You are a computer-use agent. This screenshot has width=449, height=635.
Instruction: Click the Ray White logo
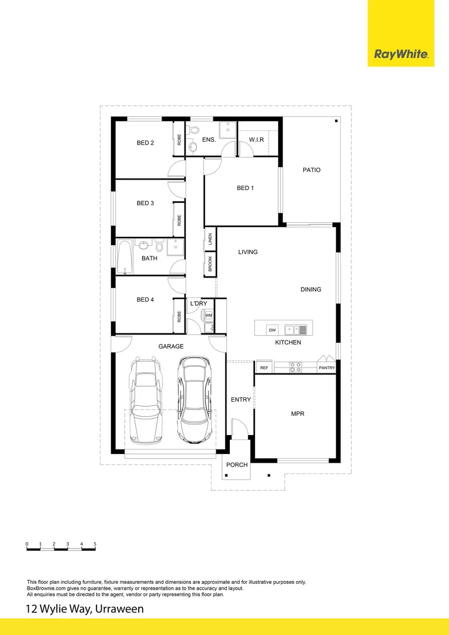click(x=401, y=55)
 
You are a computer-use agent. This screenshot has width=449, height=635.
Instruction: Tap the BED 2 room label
click(x=145, y=143)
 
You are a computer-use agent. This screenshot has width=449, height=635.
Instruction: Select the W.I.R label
click(x=256, y=139)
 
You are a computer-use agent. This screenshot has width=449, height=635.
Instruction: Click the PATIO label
click(x=311, y=170)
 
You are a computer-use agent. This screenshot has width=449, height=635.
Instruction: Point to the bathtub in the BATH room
click(x=125, y=258)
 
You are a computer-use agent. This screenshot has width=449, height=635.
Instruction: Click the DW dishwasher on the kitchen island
click(x=272, y=329)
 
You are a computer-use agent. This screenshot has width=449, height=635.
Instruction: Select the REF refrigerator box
click(x=264, y=367)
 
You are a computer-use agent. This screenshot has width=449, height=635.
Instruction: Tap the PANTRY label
click(x=326, y=368)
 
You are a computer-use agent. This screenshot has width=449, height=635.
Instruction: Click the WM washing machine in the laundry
click(x=209, y=316)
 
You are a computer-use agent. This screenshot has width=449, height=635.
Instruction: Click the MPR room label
click(x=297, y=414)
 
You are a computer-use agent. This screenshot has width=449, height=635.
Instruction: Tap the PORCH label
click(x=237, y=465)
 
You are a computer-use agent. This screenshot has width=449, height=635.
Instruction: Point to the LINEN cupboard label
click(x=210, y=239)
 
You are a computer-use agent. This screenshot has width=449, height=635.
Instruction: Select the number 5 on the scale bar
click(x=95, y=544)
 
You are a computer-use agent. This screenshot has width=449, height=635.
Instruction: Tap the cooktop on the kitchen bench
click(x=296, y=367)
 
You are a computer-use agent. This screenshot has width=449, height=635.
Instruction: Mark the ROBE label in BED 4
click(x=179, y=316)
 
